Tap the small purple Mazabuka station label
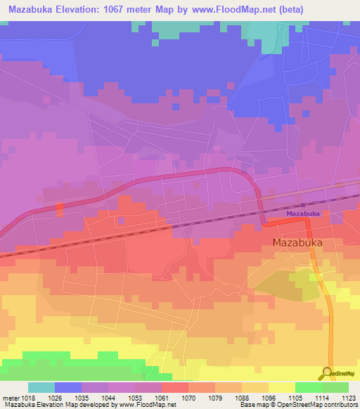[x=303, y=213]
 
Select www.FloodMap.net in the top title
[x=252, y=10]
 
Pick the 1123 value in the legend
[x=349, y=397]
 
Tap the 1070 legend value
[x=188, y=397]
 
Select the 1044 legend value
[x=108, y=397]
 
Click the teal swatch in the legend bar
[x=41, y=387]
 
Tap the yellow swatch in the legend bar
[x=281, y=387]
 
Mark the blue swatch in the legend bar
[x=68, y=387]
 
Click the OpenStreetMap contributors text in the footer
[x=319, y=405]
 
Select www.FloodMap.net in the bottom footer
[x=146, y=405]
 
